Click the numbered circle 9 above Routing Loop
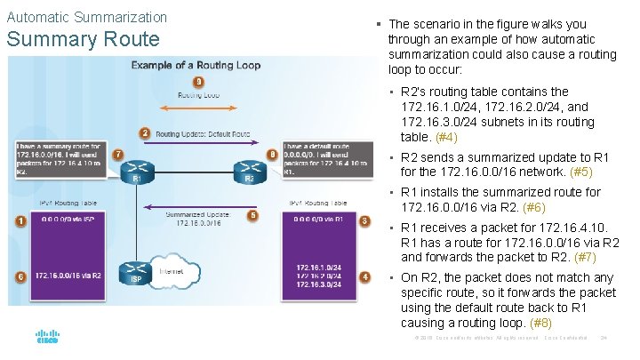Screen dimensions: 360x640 [x=198, y=83]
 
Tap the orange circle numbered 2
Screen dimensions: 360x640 [x=144, y=133]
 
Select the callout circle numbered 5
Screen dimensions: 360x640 [x=252, y=215]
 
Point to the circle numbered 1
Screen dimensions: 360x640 [x=20, y=220]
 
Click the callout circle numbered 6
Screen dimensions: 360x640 [x=20, y=276]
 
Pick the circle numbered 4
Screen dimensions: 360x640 [x=364, y=276]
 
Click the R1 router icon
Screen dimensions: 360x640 [x=137, y=170]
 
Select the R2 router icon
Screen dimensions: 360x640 [x=250, y=170]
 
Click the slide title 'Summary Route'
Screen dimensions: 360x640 [x=82, y=39]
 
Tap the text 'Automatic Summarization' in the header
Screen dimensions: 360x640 [x=86, y=17]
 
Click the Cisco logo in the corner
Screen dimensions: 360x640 [x=47, y=339]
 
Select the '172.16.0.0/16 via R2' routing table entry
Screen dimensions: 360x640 [x=68, y=276]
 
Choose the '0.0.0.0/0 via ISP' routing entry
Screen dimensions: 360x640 [x=65, y=220]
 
